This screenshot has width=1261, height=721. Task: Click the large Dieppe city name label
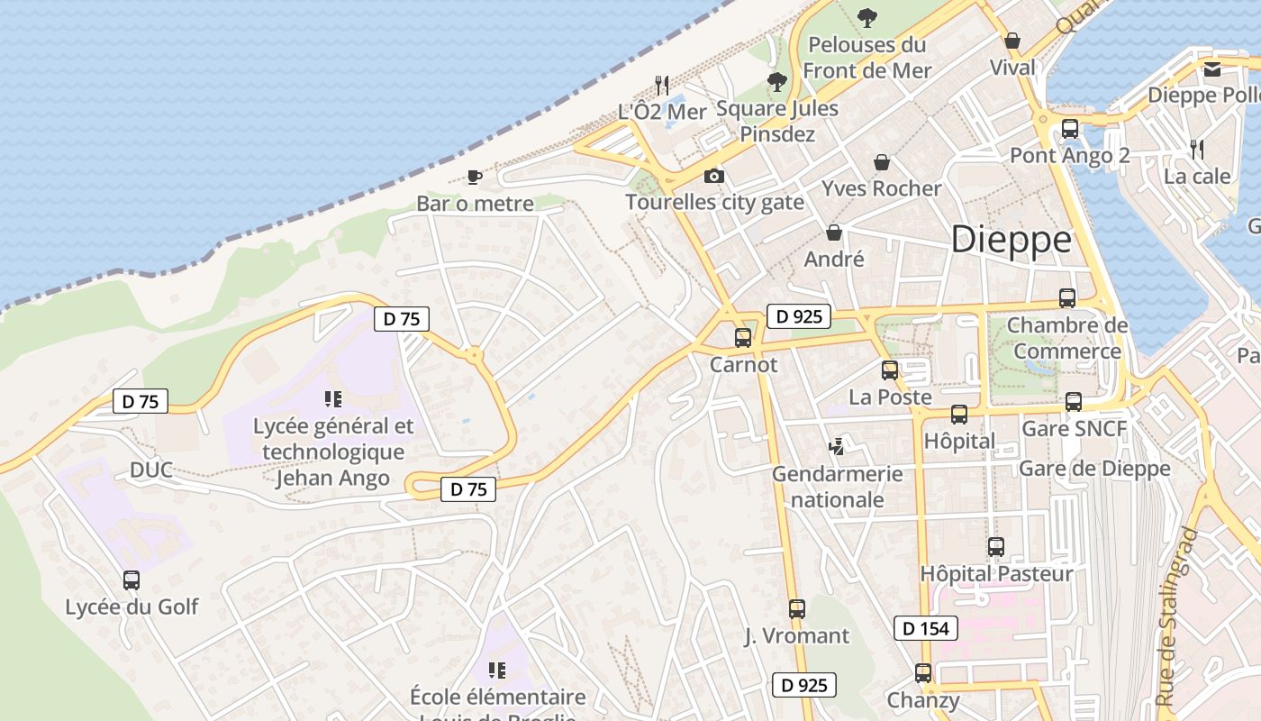pyautogui.click(x=1012, y=240)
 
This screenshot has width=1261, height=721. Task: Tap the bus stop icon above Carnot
pyautogui.click(x=743, y=338)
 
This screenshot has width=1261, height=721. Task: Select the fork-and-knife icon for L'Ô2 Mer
pyautogui.click(x=662, y=85)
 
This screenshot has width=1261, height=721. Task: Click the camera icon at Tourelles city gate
pyautogui.click(x=714, y=176)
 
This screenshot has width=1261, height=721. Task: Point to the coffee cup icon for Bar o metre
pyautogui.click(x=475, y=177)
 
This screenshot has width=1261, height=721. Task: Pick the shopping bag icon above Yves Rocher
pyautogui.click(x=882, y=162)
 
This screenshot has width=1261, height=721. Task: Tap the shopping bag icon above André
pyautogui.click(x=834, y=233)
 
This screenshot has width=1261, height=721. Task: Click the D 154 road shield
pyautogui.click(x=926, y=628)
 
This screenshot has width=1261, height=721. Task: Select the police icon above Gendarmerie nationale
pyautogui.click(x=838, y=445)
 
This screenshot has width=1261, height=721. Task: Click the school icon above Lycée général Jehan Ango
pyautogui.click(x=333, y=398)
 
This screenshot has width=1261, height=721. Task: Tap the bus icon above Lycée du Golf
pyautogui.click(x=132, y=580)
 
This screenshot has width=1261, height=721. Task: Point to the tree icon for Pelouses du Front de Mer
pyautogui.click(x=867, y=17)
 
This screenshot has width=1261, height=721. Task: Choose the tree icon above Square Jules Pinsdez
pyautogui.click(x=776, y=82)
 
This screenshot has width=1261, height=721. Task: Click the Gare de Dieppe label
pyautogui.click(x=1094, y=468)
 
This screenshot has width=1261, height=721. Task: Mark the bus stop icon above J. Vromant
pyautogui.click(x=797, y=609)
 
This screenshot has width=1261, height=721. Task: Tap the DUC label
pyautogui.click(x=151, y=470)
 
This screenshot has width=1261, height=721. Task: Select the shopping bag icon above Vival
pyautogui.click(x=1012, y=41)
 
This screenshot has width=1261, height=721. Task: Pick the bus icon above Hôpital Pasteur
pyautogui.click(x=996, y=546)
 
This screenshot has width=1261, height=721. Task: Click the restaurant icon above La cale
pyautogui.click(x=1197, y=149)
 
